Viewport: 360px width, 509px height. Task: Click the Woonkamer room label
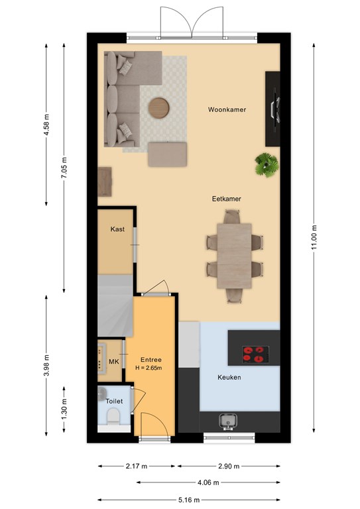[x=227, y=110]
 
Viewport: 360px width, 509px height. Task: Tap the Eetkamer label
[x=226, y=199]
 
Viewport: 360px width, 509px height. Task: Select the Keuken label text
[x=229, y=377]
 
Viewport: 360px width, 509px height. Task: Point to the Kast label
[x=117, y=229]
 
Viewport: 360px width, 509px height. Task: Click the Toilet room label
[x=114, y=401]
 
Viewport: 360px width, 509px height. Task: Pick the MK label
[x=113, y=362]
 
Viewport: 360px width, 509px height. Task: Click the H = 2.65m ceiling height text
[x=149, y=368]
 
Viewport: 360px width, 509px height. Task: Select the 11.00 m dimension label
[x=314, y=237]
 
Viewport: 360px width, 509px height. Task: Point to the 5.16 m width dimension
[x=190, y=500]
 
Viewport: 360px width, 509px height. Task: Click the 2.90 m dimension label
[x=229, y=466]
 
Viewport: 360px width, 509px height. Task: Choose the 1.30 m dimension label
[x=64, y=409]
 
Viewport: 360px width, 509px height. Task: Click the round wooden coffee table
[x=159, y=108]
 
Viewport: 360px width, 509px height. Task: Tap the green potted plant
[x=267, y=165]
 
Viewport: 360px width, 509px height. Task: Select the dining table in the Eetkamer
[x=235, y=256]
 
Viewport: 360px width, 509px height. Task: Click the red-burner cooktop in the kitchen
[x=255, y=355]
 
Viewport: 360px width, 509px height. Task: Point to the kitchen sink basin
[x=227, y=421]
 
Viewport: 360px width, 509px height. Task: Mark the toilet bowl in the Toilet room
[x=113, y=416]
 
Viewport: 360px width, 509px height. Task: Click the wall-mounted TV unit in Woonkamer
[x=272, y=109]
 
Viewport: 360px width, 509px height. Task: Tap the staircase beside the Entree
[x=115, y=306]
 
